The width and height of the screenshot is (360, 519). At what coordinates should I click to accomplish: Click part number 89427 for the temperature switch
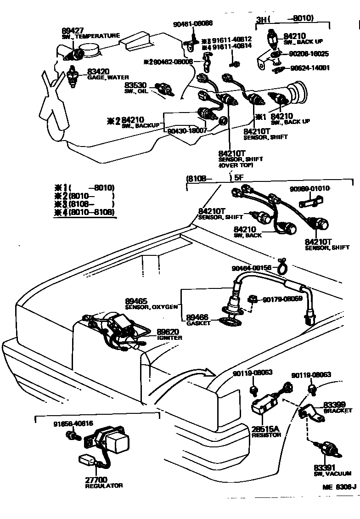point(72,29)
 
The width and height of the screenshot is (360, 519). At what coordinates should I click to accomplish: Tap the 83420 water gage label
point(98,72)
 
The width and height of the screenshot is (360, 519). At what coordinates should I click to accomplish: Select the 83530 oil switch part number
point(135,85)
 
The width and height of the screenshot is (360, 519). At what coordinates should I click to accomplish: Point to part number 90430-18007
point(185,130)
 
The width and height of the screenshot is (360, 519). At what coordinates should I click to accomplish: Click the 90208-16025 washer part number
point(308,54)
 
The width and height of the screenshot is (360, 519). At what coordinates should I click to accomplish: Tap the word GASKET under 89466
point(198,323)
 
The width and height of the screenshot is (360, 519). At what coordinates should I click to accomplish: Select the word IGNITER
point(169,338)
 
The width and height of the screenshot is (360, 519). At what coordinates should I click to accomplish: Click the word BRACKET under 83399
point(337,411)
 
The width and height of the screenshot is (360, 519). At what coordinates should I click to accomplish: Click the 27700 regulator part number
point(96,480)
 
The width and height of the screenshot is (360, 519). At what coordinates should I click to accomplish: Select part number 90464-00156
point(252,268)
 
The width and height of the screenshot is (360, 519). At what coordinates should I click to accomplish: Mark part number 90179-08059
point(282,299)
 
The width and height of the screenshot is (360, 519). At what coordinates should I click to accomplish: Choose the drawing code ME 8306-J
point(339,488)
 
